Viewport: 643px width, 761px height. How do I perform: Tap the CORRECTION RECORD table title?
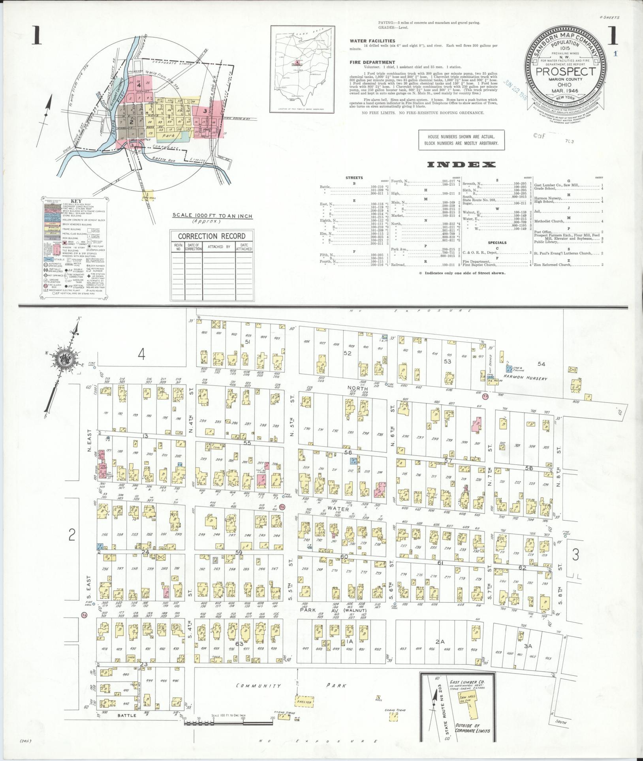pos(211,236)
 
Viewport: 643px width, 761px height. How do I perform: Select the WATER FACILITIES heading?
pos(372,41)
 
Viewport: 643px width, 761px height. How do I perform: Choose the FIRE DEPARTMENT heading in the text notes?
pos(372,62)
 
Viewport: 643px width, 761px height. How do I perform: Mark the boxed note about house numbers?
pos(461,140)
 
